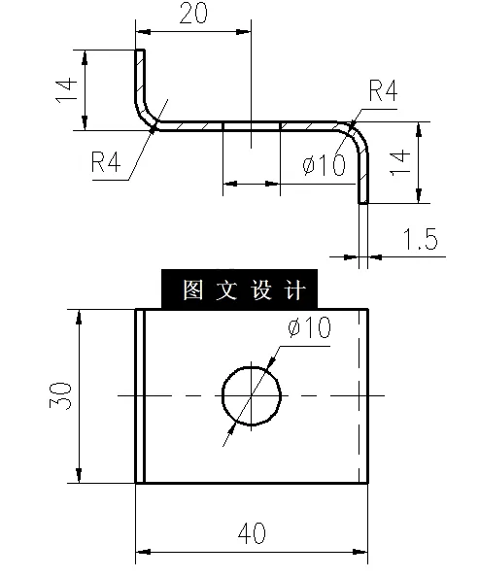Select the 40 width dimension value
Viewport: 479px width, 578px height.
coord(252,532)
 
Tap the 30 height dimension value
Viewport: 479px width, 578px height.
coord(60,395)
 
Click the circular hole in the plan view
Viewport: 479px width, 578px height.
coord(252,395)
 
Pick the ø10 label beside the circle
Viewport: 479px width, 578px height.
coord(309,328)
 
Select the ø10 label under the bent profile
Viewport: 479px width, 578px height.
coord(324,166)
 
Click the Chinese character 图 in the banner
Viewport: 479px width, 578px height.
coord(191,290)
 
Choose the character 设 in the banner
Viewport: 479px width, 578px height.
coord(262,290)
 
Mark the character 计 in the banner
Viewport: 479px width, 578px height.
coord(296,290)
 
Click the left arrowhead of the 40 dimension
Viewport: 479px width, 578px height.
coord(142,552)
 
